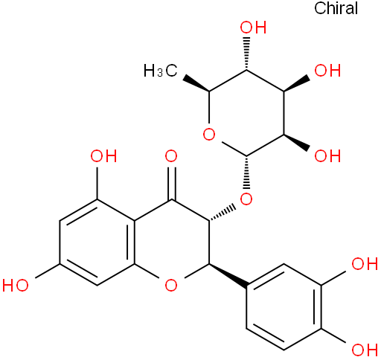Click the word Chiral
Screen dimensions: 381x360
(x=336, y=8)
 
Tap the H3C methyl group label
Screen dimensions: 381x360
(x=161, y=71)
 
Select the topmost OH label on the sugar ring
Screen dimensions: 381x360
(x=253, y=27)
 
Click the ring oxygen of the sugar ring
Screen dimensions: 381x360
(x=209, y=135)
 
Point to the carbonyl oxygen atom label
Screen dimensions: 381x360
(x=171, y=156)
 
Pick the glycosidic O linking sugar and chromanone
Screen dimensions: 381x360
(x=246, y=199)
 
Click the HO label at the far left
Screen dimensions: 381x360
(x=16, y=285)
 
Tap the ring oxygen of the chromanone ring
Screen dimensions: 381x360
(x=171, y=285)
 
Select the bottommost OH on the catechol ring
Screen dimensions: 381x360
(x=365, y=350)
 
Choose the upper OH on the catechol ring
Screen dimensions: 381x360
(x=365, y=263)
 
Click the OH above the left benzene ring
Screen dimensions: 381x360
(x=103, y=156)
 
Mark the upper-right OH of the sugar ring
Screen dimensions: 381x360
(x=327, y=71)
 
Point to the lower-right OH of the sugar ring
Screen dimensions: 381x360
(x=327, y=156)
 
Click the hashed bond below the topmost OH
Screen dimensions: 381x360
(x=246, y=54)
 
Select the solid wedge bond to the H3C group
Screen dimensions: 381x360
(x=196, y=84)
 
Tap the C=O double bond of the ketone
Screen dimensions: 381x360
(x=171, y=184)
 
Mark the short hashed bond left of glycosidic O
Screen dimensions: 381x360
(x=222, y=213)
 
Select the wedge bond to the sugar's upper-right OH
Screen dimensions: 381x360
(x=297, y=84)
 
